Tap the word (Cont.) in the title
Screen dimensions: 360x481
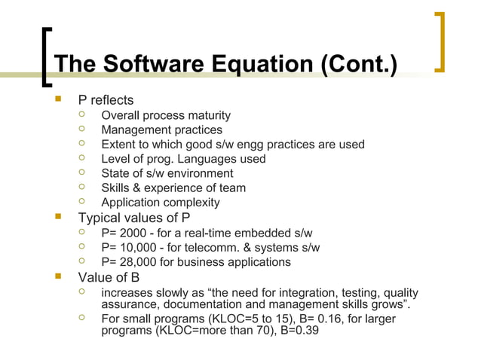358,64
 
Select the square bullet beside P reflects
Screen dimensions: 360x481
58,99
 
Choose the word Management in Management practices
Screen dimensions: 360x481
133,130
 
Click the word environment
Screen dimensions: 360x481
195,173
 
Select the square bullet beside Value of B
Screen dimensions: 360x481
58,277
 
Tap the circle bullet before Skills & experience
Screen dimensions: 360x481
84,188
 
